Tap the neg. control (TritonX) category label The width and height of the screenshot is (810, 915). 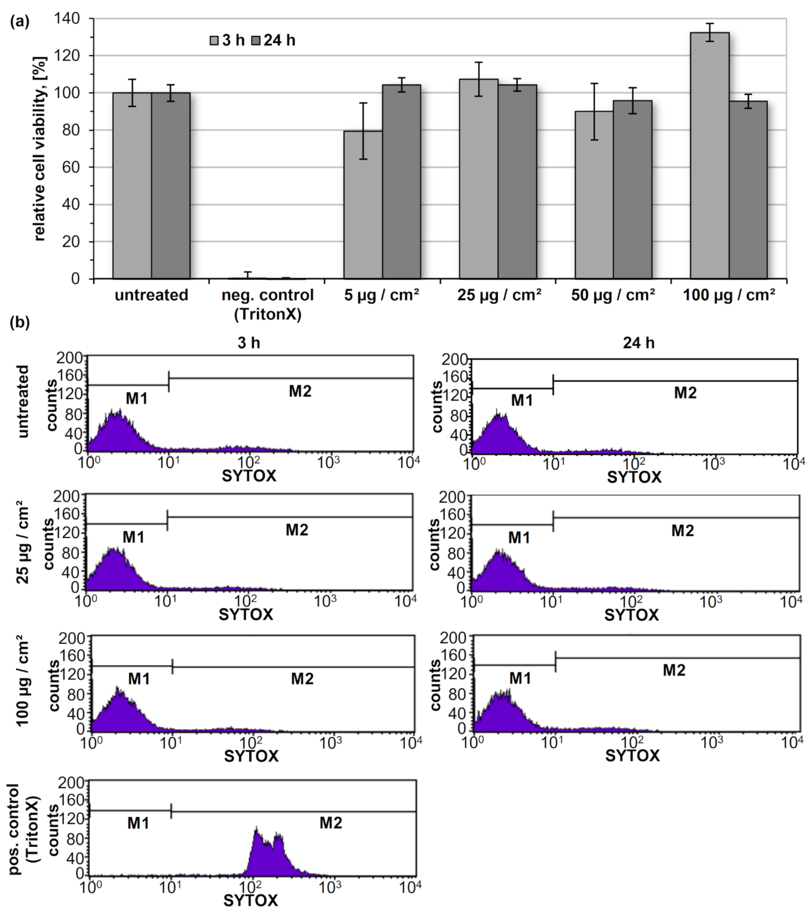[267, 304]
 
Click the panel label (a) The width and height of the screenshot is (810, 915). [20, 21]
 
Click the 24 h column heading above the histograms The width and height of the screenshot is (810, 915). [638, 343]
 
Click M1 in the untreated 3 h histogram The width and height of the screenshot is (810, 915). [137, 398]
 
